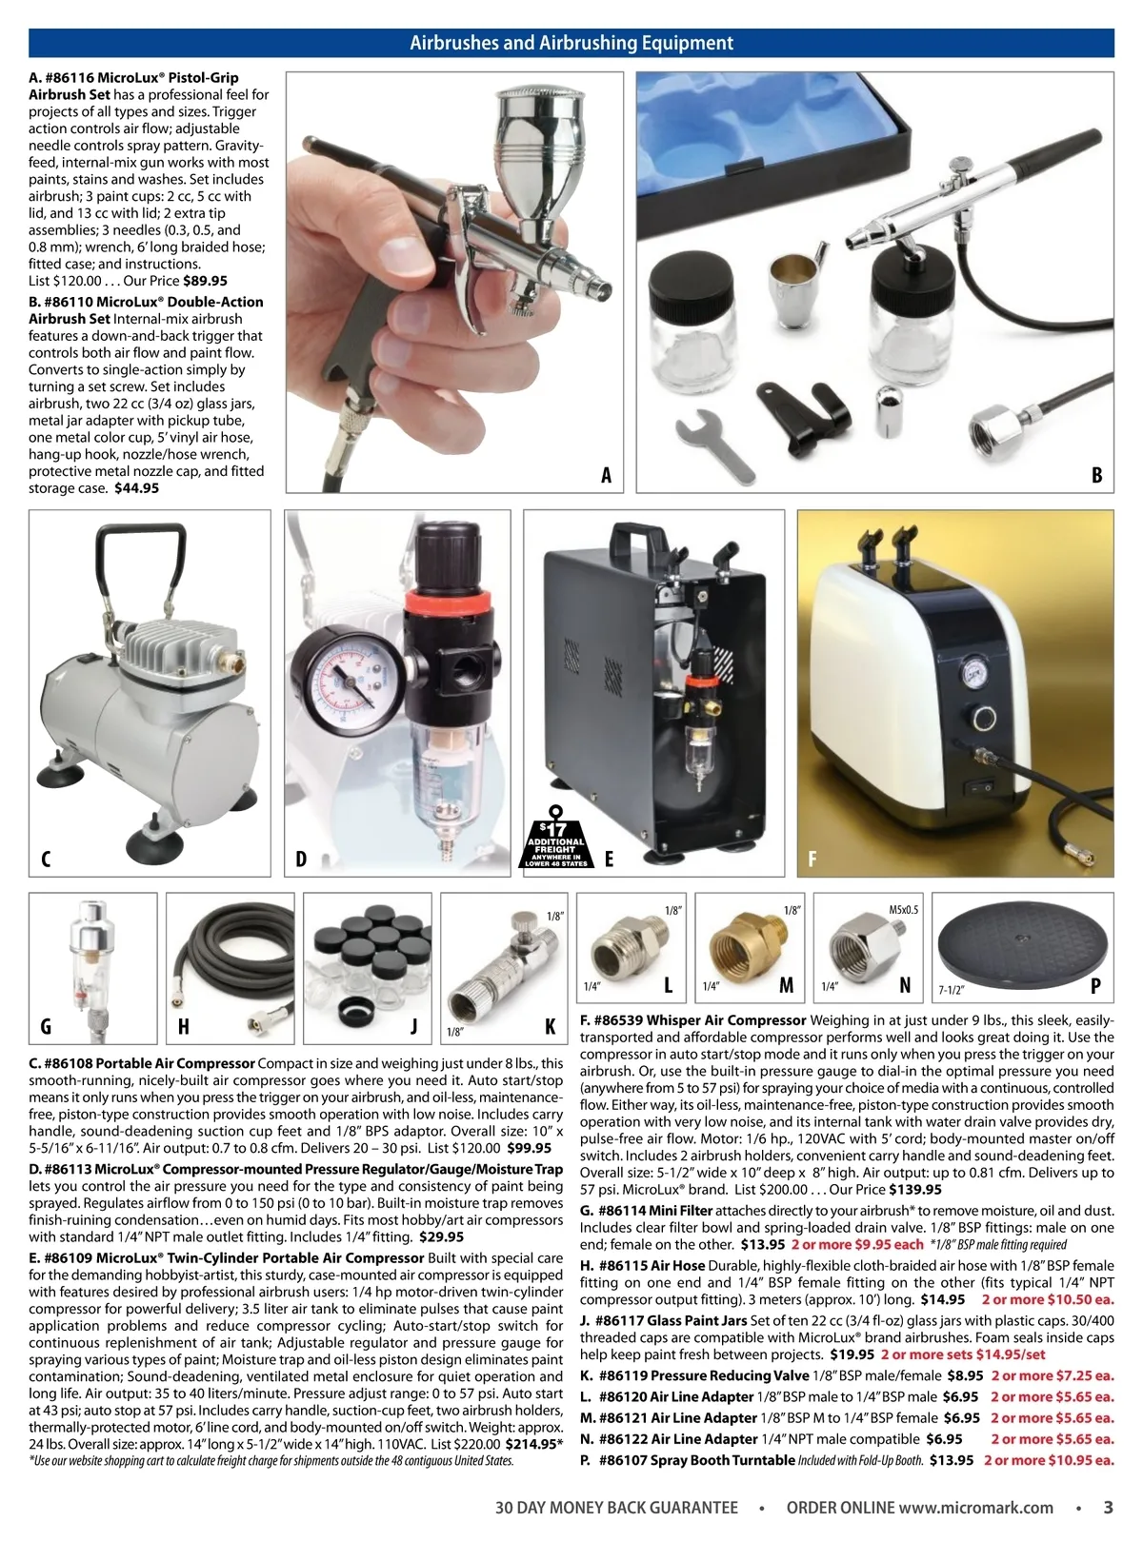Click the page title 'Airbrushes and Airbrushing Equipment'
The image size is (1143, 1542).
(571, 43)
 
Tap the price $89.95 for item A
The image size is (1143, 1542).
(205, 281)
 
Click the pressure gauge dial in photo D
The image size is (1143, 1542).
(348, 680)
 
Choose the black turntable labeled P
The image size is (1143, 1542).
(1024, 941)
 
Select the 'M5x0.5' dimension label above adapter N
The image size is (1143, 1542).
(902, 910)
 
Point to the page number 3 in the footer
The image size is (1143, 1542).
(1108, 1508)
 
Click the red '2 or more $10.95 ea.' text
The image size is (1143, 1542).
(1049, 1460)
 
